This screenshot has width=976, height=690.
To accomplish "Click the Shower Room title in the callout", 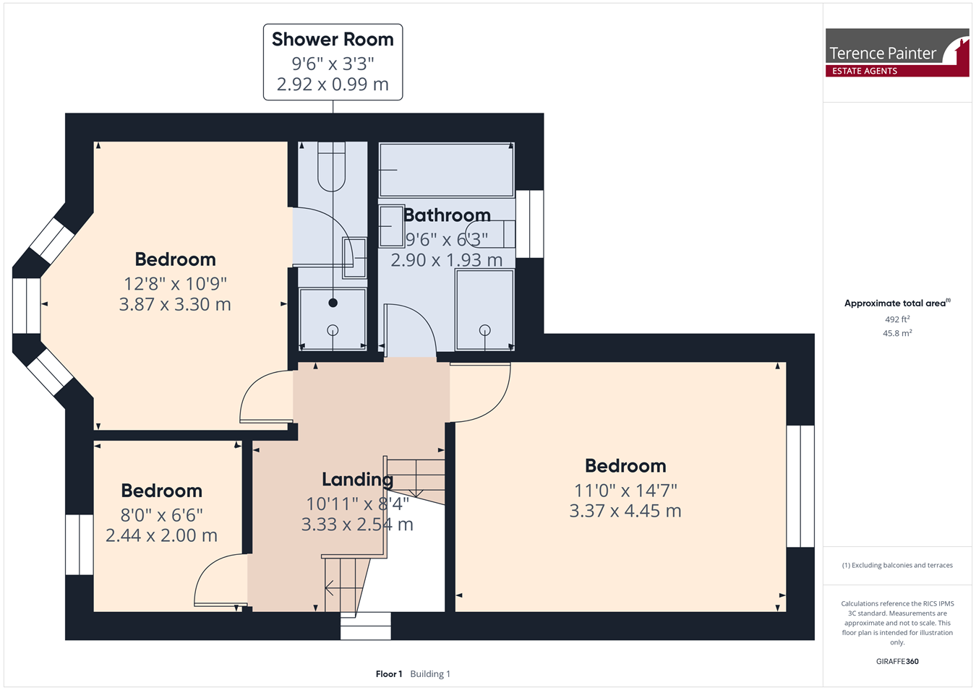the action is [x=333, y=39].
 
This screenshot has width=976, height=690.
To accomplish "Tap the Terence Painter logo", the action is [x=897, y=53].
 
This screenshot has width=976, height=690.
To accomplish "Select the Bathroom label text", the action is [x=447, y=215].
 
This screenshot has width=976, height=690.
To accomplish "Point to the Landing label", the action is [x=357, y=480].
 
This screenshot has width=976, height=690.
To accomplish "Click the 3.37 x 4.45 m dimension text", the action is [x=625, y=511].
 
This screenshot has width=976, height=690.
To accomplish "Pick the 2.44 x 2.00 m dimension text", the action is [x=161, y=535].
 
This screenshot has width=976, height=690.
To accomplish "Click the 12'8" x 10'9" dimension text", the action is [x=175, y=284].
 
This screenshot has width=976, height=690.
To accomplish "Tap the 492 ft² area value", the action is [x=897, y=319].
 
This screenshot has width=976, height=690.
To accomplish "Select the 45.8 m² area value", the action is [x=897, y=333].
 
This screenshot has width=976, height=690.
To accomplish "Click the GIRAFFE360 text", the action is [x=897, y=661].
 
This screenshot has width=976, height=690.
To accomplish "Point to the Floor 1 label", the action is [x=389, y=674].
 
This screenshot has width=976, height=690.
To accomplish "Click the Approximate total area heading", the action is [x=897, y=303].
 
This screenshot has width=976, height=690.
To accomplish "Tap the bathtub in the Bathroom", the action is [x=447, y=170].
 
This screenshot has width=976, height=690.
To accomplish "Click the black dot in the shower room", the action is [x=333, y=303].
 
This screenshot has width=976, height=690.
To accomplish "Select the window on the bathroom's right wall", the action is [x=529, y=224].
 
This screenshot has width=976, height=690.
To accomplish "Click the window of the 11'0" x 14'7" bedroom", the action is [x=800, y=486].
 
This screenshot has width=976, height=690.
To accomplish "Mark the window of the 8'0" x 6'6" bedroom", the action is [x=80, y=545].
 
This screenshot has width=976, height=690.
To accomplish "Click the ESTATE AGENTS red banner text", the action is [x=865, y=71].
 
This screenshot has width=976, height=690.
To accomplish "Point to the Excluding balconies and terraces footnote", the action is [x=897, y=565].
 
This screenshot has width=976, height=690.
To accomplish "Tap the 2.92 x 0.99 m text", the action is [x=333, y=84].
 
